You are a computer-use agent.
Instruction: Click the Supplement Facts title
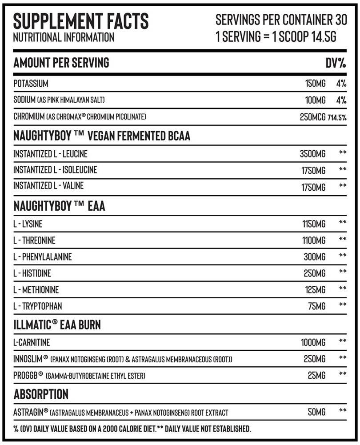(81, 21)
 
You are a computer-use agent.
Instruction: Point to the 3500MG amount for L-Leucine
(312, 154)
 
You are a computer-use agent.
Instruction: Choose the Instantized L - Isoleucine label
(55, 170)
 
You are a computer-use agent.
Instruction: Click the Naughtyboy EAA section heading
(59, 207)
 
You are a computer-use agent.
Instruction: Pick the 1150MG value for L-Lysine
(313, 224)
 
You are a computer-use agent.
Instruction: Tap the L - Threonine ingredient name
(34, 241)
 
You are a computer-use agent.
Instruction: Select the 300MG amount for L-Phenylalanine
(315, 257)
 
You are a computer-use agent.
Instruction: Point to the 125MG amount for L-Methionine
(315, 290)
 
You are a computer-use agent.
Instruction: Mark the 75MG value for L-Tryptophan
(317, 306)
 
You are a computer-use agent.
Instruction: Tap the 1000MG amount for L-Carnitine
(313, 342)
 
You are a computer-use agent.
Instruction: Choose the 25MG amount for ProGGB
(316, 376)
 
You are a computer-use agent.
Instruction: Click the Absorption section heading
(41, 394)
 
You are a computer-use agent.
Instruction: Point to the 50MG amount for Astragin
(316, 412)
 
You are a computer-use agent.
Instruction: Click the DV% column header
(336, 63)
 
